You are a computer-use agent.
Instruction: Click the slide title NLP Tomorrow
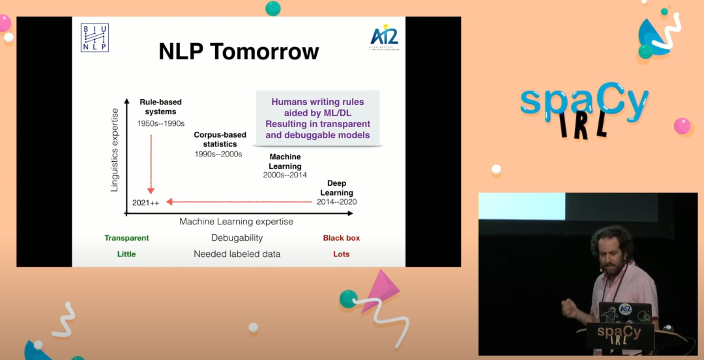239,52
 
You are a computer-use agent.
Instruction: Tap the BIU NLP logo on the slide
95,37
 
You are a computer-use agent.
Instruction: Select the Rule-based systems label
160,107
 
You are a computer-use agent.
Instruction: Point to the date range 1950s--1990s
160,123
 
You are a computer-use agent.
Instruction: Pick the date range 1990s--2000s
218,154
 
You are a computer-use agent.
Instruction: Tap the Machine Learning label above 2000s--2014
285,162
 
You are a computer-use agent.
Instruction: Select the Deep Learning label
336,188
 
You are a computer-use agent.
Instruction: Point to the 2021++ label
145,202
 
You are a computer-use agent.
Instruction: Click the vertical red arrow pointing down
151,163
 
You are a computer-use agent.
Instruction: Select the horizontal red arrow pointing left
241,202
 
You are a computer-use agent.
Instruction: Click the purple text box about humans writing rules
317,119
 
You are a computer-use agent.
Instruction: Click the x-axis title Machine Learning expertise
236,222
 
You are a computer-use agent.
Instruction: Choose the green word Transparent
126,238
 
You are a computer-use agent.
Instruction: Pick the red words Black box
341,238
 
